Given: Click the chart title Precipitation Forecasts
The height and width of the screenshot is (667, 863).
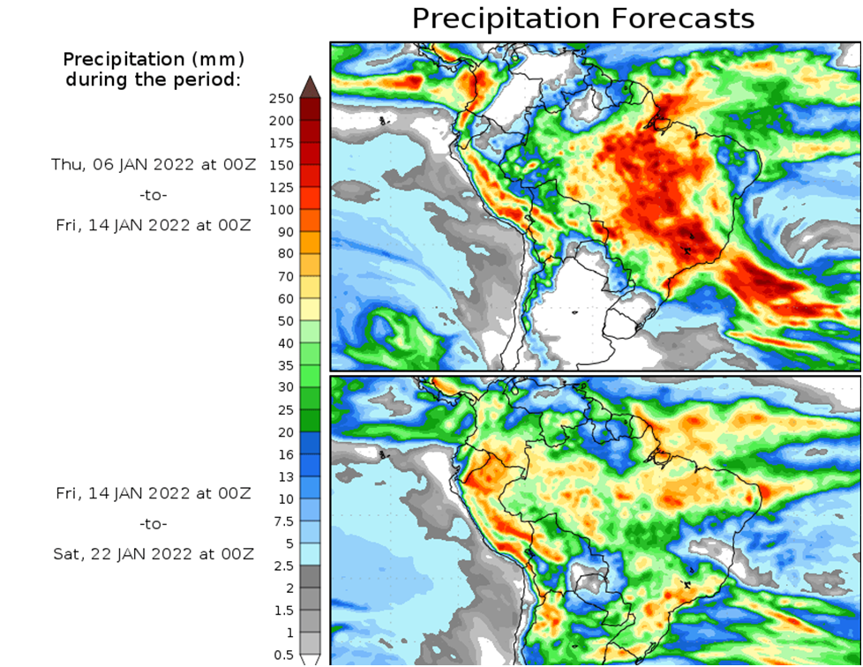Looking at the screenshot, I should point(583,19).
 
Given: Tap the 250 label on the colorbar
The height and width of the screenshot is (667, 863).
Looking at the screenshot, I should point(281,98).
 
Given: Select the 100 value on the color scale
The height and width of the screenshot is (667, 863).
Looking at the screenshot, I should point(281,210).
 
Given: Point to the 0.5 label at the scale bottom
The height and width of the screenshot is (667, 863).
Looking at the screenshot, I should point(283,655).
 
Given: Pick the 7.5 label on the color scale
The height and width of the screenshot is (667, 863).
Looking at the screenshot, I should point(281,521).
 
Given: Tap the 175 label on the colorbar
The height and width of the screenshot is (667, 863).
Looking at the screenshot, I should point(281,143).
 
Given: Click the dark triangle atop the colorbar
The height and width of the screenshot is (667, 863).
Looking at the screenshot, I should point(310,86).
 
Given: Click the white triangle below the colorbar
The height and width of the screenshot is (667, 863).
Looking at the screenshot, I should point(310,659).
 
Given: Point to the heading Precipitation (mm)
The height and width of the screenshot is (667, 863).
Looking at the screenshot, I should point(154,60).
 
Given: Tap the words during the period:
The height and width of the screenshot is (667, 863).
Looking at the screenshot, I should point(154,80).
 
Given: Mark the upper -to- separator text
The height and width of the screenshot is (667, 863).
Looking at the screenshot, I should point(154,194).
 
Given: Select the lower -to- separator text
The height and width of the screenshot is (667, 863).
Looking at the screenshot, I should point(154,523).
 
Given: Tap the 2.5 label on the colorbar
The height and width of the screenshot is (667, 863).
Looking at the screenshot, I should point(283,566).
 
